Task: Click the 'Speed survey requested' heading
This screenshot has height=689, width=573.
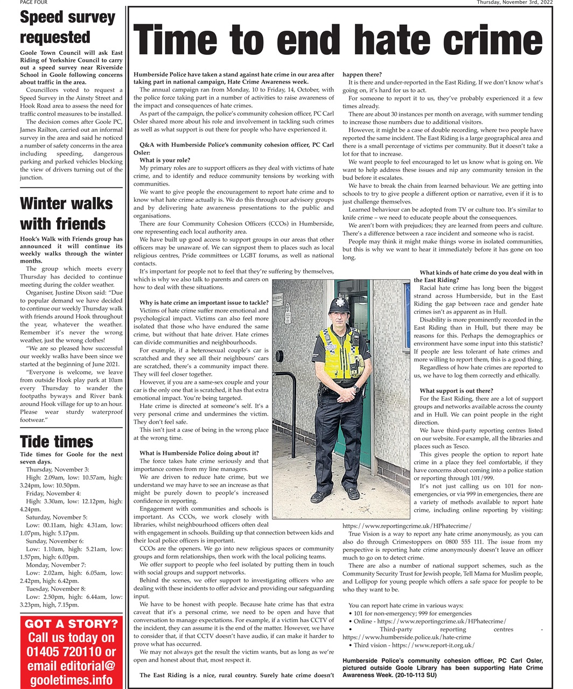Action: pyautogui.click(x=67, y=27)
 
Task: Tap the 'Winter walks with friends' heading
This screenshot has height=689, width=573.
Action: pyautogui.click(x=66, y=213)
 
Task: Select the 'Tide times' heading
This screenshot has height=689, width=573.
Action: pyautogui.click(x=57, y=442)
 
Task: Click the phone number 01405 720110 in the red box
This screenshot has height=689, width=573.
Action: pyautogui.click(x=72, y=652)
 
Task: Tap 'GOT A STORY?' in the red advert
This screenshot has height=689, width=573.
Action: pyautogui.click(x=72, y=624)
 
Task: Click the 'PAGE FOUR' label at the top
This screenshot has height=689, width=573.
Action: pyautogui.click(x=34, y=3)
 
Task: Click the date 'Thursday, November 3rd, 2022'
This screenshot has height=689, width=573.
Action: pyautogui.click(x=515, y=3)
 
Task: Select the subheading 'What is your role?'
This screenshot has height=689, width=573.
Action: pyautogui.click(x=165, y=160)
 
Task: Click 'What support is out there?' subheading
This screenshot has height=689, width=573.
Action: pyautogui.click(x=456, y=391)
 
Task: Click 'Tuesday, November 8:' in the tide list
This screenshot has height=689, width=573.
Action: pyautogui.click(x=55, y=589)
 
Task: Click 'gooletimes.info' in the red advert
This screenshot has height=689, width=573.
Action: pyautogui.click(x=72, y=679)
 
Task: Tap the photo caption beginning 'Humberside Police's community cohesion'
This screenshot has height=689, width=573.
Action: pyautogui.click(x=443, y=667)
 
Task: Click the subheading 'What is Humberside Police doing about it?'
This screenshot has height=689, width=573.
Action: pyautogui.click(x=199, y=453)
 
